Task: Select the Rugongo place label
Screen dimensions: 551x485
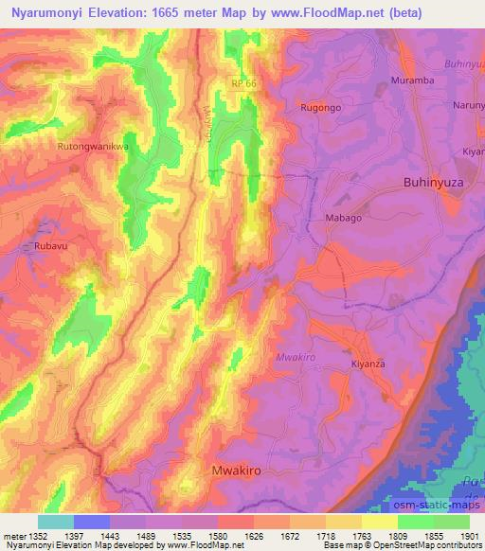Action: coord(320,108)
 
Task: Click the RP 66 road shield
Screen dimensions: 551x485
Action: coord(242,86)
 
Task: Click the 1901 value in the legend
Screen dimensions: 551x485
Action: coord(469,537)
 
